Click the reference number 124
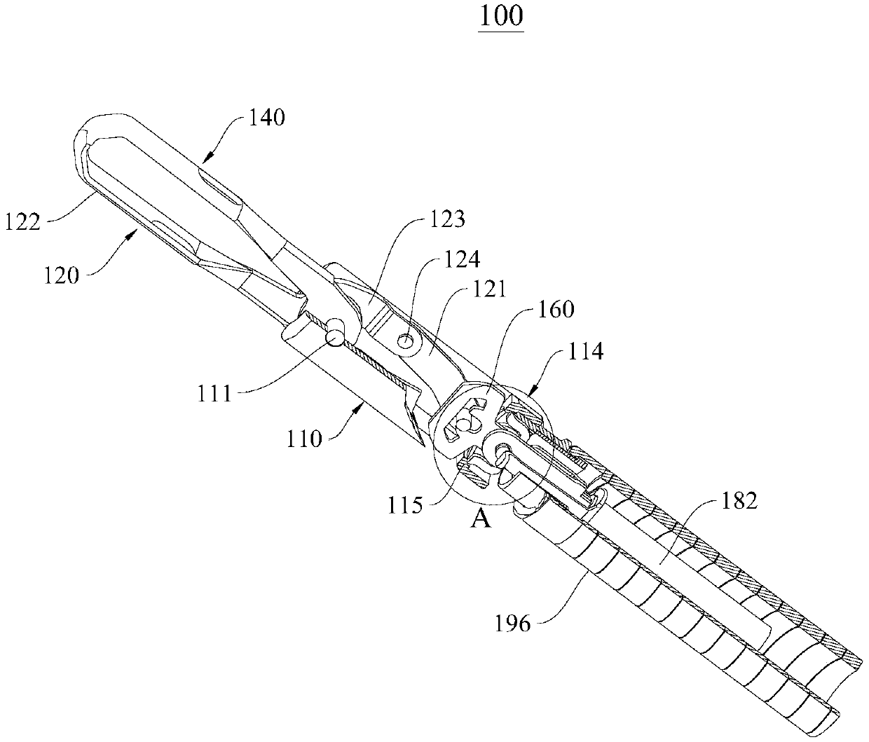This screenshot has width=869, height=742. pyautogui.click(x=460, y=260)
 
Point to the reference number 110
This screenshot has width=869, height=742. pyautogui.click(x=304, y=439)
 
